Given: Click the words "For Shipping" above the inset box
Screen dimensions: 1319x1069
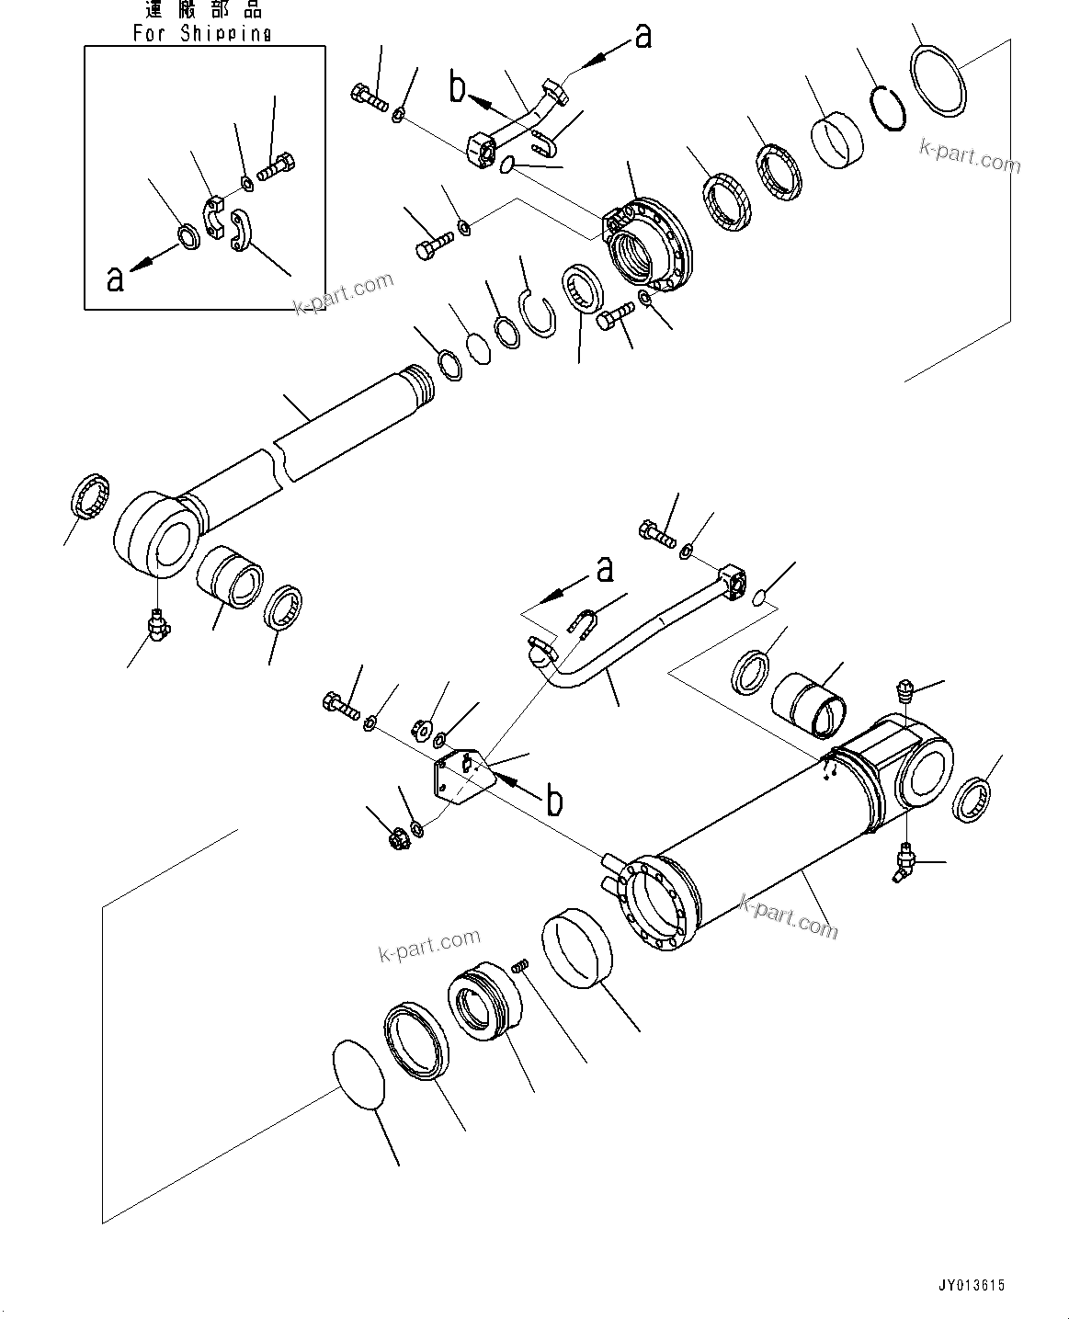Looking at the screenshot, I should (202, 33).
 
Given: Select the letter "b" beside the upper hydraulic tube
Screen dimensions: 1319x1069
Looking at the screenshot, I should (458, 88).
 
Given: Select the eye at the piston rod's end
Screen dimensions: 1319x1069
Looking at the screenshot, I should (154, 534).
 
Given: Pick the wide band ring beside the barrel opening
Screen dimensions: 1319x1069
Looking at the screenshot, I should (578, 950).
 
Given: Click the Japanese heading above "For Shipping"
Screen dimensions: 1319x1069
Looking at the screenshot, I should (203, 10).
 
